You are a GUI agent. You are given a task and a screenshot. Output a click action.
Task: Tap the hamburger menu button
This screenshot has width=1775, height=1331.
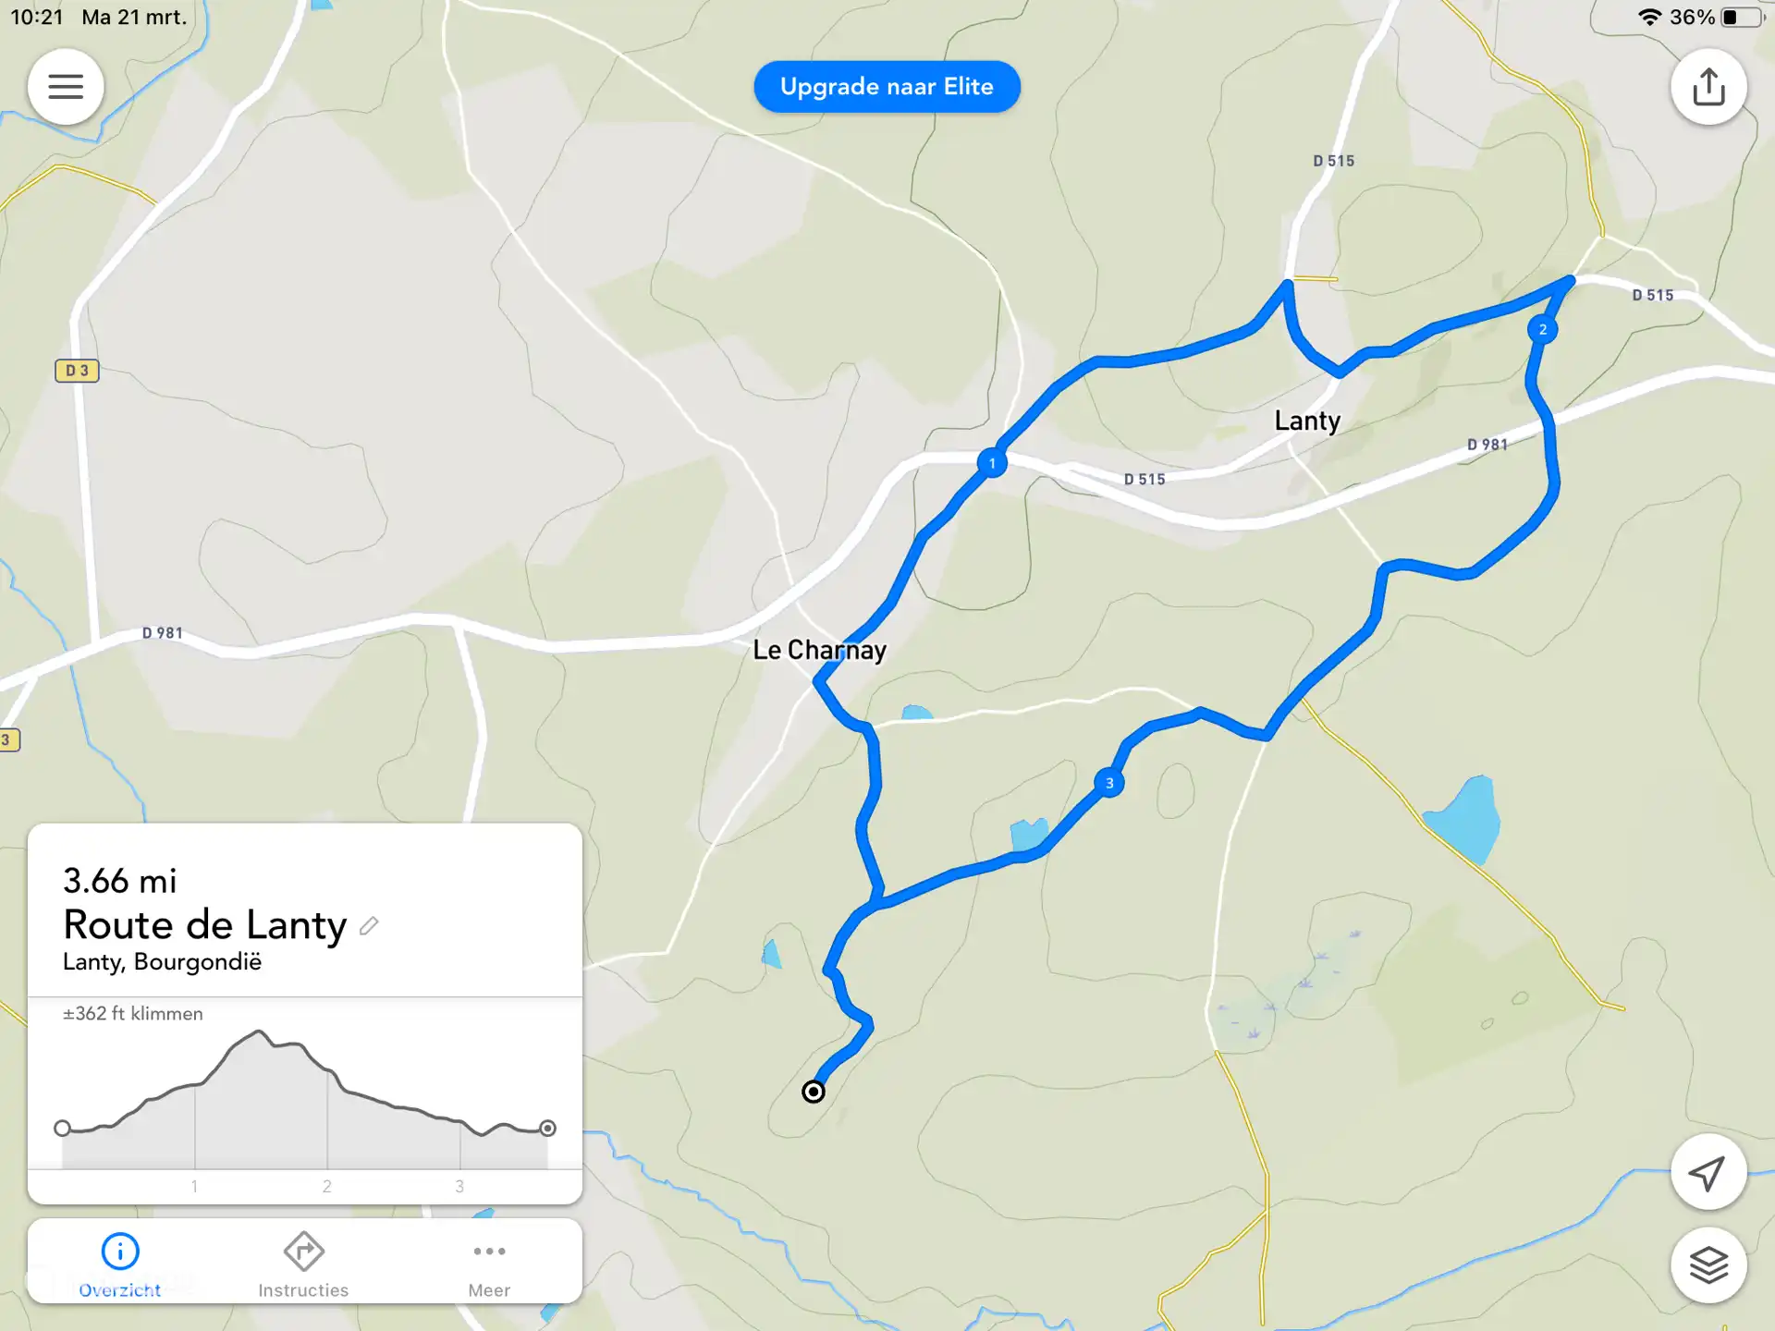click(66, 87)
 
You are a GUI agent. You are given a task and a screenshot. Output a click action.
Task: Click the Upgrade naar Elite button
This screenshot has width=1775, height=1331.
click(887, 87)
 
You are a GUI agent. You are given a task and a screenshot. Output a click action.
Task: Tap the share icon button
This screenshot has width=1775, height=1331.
click(1708, 87)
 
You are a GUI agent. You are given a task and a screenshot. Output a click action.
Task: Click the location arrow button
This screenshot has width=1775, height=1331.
click(1708, 1172)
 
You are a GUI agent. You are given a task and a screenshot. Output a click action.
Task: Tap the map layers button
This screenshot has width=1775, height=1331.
click(1708, 1264)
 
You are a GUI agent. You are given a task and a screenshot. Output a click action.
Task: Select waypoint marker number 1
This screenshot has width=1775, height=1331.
click(992, 463)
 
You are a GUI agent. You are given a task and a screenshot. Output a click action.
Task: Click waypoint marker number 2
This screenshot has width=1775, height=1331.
click(1542, 329)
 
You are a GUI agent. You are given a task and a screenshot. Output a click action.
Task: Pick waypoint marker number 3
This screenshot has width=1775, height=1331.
click(1109, 783)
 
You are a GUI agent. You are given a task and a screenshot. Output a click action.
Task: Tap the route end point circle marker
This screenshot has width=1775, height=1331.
click(814, 1092)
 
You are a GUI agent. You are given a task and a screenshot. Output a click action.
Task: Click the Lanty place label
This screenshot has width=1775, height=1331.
click(1307, 421)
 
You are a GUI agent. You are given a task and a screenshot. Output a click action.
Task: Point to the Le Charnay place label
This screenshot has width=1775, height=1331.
click(819, 650)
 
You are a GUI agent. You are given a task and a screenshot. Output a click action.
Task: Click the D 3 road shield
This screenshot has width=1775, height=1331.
click(77, 371)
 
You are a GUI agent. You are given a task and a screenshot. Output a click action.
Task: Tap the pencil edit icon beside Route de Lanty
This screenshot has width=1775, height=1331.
click(369, 925)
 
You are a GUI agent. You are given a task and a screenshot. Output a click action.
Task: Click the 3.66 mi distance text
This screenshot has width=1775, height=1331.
click(120, 881)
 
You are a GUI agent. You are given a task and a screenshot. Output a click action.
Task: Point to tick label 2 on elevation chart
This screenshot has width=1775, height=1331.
click(326, 1186)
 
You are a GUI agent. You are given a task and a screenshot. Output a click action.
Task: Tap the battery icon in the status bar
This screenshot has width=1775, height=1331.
click(1741, 18)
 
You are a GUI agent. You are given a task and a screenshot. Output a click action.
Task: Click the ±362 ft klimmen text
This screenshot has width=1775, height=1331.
click(133, 1014)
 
